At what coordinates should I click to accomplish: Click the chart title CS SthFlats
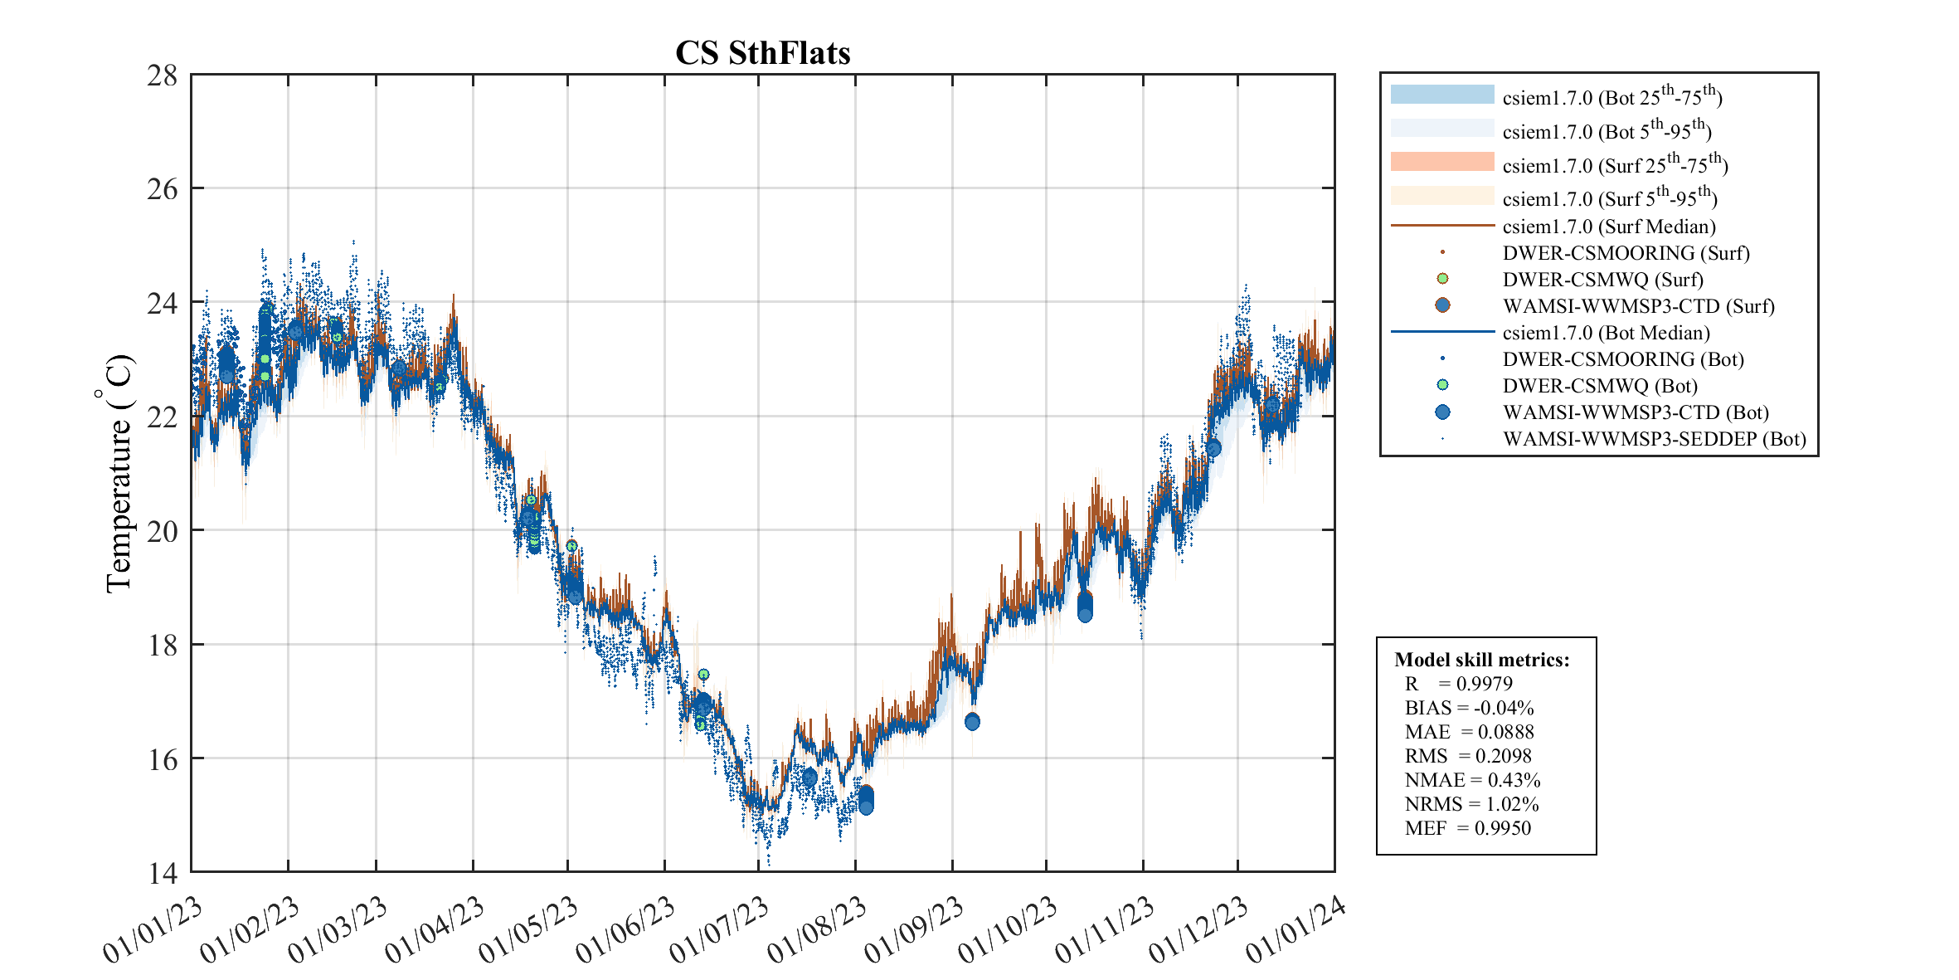[762, 53]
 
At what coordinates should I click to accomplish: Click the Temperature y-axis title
[118, 473]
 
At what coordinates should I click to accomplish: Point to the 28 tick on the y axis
[163, 76]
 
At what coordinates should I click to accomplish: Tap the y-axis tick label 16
[163, 759]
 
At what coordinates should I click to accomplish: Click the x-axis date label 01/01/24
[1295, 930]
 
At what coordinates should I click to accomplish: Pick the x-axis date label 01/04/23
[435, 930]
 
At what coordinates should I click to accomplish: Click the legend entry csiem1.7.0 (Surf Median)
[1609, 227]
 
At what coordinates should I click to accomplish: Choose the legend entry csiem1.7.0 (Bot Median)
[1606, 333]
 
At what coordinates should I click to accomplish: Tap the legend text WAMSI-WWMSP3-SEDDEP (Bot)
[1654, 439]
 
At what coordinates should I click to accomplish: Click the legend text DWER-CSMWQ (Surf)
[1602, 280]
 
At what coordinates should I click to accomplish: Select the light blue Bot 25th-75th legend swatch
[1441, 95]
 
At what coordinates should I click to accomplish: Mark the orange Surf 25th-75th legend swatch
[1441, 162]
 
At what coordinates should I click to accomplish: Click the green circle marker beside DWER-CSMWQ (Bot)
[1442, 385]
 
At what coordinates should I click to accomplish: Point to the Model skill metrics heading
[1481, 660]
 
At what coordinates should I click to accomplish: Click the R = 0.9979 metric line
[1458, 684]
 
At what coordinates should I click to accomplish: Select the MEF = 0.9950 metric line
[1467, 828]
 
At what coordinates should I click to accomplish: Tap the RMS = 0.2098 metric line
[1468, 756]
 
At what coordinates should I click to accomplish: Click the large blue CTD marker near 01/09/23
[972, 722]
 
